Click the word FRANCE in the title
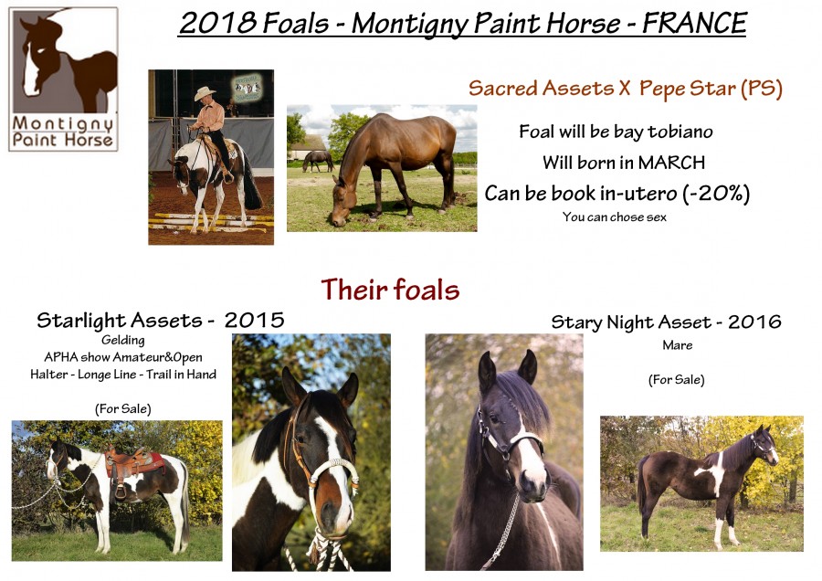click(695, 23)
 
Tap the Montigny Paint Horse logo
click(63, 79)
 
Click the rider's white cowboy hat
click(205, 93)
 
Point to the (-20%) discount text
click(716, 194)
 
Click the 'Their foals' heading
click(390, 290)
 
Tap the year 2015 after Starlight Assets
click(255, 320)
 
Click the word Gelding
click(123, 341)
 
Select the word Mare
click(678, 345)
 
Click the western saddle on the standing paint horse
click(126, 468)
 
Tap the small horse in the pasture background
click(318, 161)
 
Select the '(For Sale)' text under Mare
click(676, 380)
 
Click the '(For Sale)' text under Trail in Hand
click(123, 409)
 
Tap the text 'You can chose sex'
click(615, 217)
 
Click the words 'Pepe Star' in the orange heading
click(687, 89)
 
